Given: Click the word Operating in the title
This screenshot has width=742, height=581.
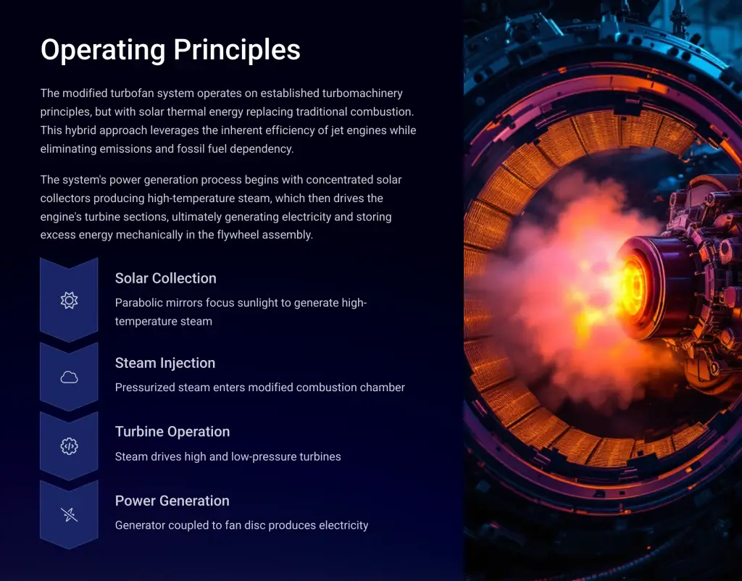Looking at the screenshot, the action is pos(103,50).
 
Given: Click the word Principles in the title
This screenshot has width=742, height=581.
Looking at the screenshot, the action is pos(237,50).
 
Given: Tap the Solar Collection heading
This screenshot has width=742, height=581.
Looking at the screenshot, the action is pos(166,278).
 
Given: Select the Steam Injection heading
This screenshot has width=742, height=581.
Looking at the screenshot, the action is pos(165,363).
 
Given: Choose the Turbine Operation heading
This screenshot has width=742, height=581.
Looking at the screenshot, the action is pos(172,432).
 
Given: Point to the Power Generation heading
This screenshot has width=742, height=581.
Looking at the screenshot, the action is pos(172,501).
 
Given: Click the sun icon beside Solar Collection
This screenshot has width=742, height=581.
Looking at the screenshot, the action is pos(69,300).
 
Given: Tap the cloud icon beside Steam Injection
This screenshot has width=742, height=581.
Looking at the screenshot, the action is pos(69,377).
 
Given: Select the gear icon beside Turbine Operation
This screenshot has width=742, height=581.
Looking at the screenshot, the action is pos(69,446).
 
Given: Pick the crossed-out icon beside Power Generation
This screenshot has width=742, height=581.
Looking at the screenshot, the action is pos(69,514).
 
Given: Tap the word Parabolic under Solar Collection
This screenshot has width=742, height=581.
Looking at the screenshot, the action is pos(137,303).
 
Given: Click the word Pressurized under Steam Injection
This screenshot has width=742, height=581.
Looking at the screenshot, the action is pos(145,388).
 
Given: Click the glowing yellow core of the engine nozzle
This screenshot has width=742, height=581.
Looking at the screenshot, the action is pos(634,286).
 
